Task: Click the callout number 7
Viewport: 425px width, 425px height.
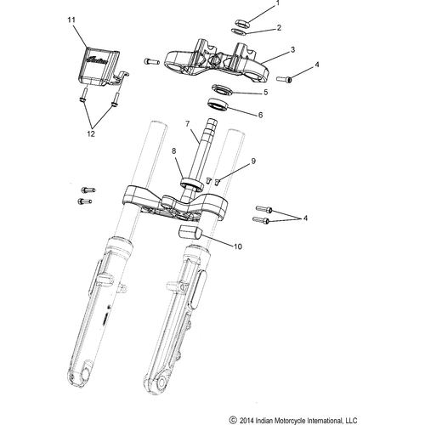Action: tap(188, 125)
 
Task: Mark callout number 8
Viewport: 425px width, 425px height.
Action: tap(175, 152)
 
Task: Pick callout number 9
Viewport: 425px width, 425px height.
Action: tap(252, 159)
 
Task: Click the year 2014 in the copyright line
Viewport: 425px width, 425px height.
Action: tap(249, 417)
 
